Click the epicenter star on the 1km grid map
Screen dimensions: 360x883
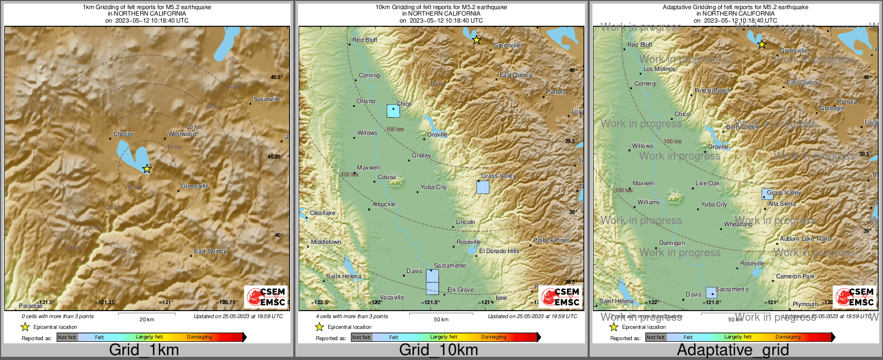pos(147,169)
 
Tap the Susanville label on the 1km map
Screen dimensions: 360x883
pos(267,99)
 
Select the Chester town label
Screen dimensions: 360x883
pos(124,134)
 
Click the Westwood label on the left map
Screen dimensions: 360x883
pos(182,134)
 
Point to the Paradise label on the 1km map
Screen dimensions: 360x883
pos(31,306)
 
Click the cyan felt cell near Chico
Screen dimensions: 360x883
pos(393,111)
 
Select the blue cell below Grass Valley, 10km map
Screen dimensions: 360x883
pos(483,187)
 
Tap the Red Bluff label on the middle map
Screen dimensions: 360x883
pos(365,40)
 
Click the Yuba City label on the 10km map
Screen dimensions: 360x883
pos(433,187)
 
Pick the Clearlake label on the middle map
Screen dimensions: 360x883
pos(322,213)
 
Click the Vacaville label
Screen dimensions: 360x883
pos(392,297)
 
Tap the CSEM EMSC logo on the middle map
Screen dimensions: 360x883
pos(560,296)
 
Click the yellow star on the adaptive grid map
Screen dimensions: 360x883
pos(762,44)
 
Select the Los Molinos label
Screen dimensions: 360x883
pos(660,69)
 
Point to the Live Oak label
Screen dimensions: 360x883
pos(707,183)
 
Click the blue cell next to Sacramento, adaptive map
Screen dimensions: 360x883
pos(711,293)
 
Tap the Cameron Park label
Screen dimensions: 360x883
pos(795,276)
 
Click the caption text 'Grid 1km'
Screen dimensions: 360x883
pos(144,350)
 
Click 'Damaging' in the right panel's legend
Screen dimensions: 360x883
pos(788,337)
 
